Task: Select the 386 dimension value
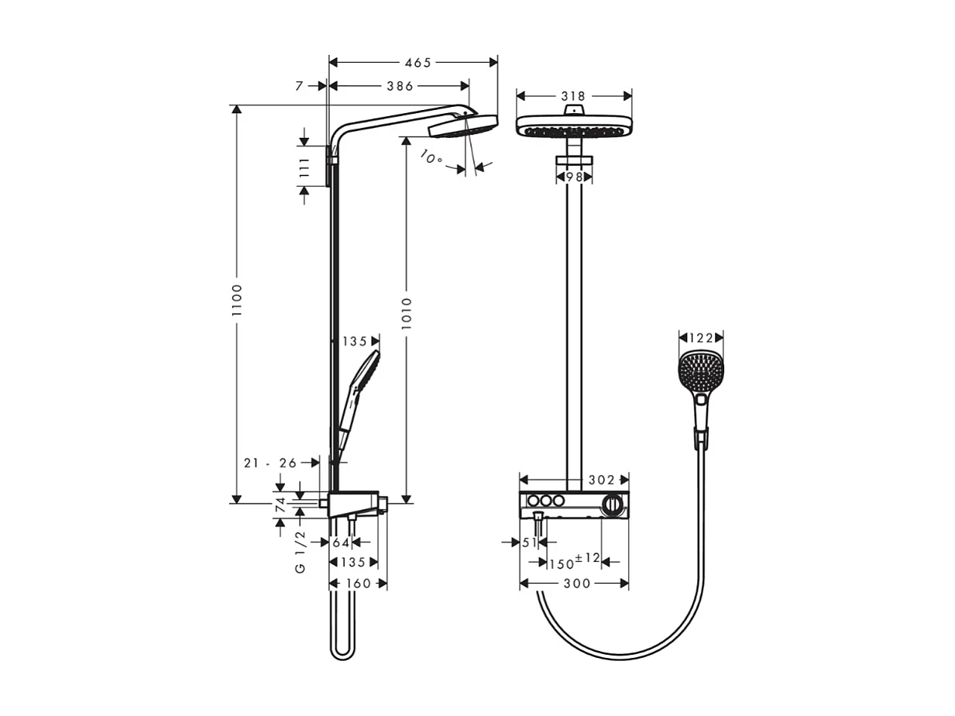tap(400, 86)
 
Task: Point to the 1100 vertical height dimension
tap(237, 300)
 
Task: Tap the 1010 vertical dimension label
tap(407, 312)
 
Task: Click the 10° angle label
tap(431, 157)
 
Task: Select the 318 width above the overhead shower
tap(573, 96)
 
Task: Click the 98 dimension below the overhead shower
tap(574, 177)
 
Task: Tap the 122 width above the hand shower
tap(701, 338)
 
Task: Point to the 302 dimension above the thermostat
tap(601, 480)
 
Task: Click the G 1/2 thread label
tap(301, 551)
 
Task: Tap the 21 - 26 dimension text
tap(270, 463)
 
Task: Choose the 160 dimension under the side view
tap(358, 583)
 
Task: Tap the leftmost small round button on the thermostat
tap(533, 501)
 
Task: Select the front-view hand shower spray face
tap(700, 373)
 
